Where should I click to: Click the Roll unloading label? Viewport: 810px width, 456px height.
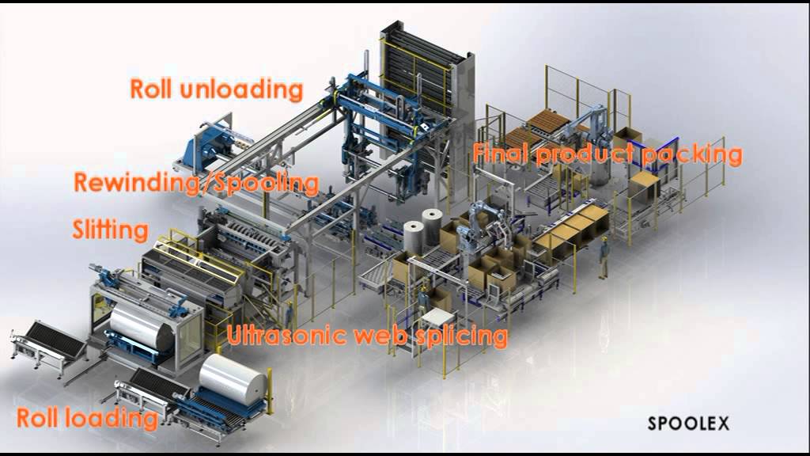coord(216,89)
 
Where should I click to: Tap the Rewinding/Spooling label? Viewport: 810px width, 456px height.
coord(196,183)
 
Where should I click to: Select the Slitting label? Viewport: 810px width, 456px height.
coord(110,230)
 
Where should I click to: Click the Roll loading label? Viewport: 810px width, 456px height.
coord(87,418)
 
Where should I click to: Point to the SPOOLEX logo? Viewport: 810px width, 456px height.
coord(688,424)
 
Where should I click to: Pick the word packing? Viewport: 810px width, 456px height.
coord(691,155)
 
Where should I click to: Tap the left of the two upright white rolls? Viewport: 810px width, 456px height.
coord(414,237)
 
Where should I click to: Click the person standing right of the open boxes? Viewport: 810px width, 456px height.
coord(604,257)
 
